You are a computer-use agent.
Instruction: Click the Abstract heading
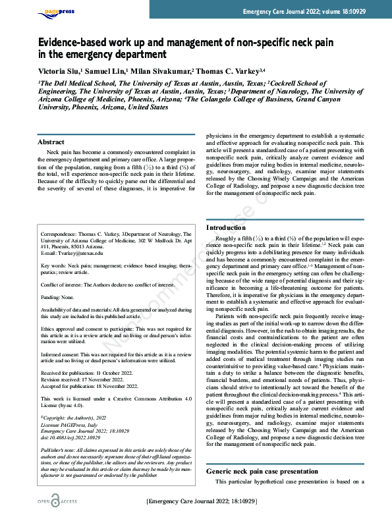51,142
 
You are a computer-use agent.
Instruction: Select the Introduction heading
226,227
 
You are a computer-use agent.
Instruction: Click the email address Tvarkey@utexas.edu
72,253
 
